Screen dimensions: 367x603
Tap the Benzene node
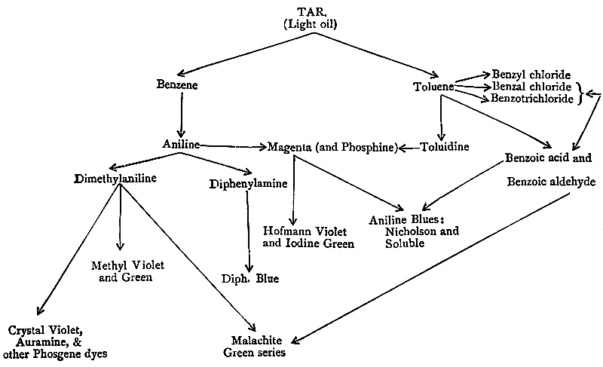(x=178, y=85)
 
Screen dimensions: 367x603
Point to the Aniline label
(x=181, y=144)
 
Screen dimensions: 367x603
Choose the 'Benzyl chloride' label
(x=531, y=75)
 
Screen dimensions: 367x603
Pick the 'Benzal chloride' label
(x=530, y=87)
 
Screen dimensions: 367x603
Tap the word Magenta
(x=291, y=145)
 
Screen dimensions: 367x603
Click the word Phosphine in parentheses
(x=368, y=145)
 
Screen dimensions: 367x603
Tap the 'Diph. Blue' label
(x=249, y=279)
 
